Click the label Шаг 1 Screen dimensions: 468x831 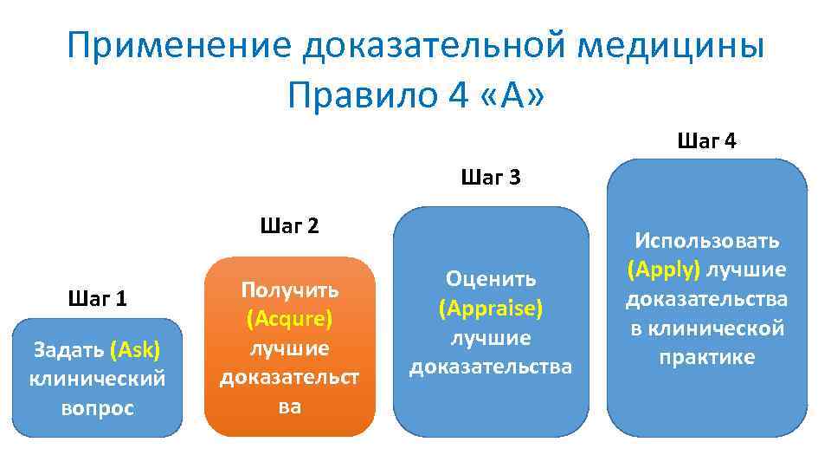pos(97,299)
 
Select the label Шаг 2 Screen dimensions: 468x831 pos(289,226)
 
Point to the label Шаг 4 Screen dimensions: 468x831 pos(706,140)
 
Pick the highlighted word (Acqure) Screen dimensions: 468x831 pos(289,319)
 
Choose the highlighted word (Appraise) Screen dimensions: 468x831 pos(490,308)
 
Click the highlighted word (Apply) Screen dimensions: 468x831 pos(664,270)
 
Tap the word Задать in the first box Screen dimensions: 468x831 pos(68,350)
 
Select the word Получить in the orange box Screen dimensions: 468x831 pos(289,289)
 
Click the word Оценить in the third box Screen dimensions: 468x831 pos(490,278)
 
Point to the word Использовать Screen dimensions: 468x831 pos(706,240)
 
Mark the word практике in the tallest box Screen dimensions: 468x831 pos(706,357)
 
